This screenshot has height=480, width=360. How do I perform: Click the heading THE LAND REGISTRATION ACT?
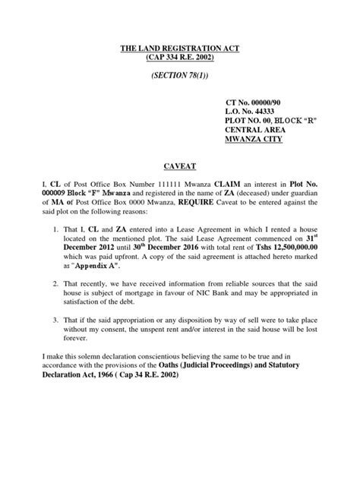tap(179, 49)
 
